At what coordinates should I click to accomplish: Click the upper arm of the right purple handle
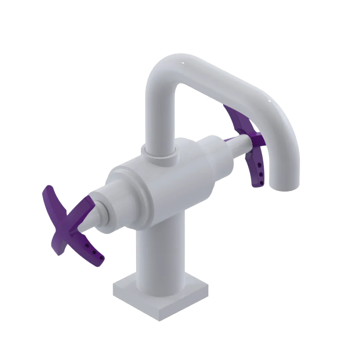(x=234, y=115)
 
